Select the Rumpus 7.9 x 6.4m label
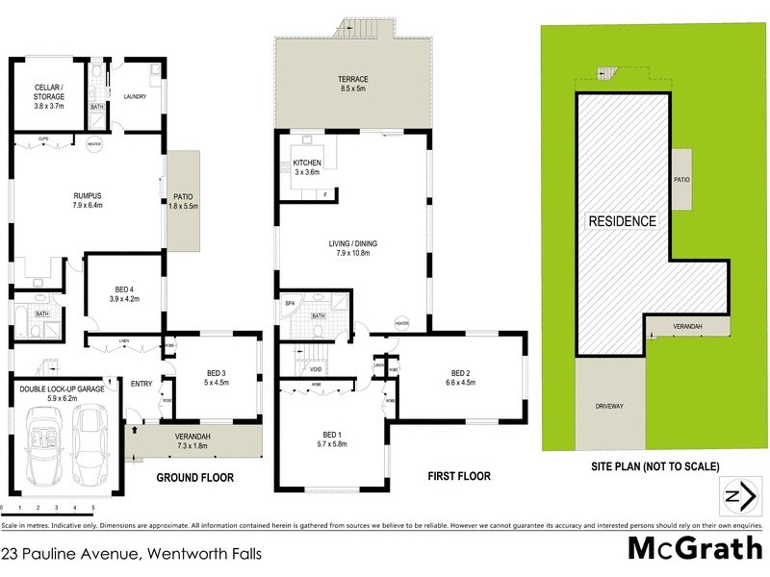(x=87, y=198)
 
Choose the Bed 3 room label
(x=217, y=378)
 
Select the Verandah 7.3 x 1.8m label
(x=192, y=440)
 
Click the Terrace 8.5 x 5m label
(x=353, y=83)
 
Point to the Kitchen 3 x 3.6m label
(x=306, y=167)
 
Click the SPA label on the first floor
(x=289, y=303)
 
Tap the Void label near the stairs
(x=316, y=368)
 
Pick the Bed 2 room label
(x=460, y=378)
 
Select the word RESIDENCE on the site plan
(x=622, y=221)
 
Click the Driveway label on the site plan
(x=609, y=406)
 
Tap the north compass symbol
(x=737, y=497)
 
